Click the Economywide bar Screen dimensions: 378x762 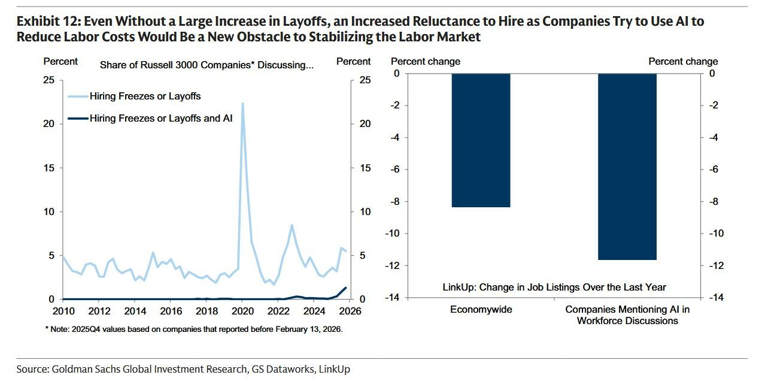481,140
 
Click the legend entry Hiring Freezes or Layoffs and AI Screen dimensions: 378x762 160,119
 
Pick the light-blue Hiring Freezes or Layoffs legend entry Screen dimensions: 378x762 145,96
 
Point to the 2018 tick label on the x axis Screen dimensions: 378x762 207,311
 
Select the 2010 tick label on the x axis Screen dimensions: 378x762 63,311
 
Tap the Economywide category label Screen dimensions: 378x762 481,310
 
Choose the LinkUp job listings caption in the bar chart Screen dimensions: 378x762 554,288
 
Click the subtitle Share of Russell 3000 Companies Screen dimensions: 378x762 207,65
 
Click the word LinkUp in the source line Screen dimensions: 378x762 335,369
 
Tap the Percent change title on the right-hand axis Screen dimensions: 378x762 683,61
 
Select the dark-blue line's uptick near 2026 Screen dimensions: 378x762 345,289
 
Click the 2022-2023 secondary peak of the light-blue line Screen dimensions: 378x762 291,225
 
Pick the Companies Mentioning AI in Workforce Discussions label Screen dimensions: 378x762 627,315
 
